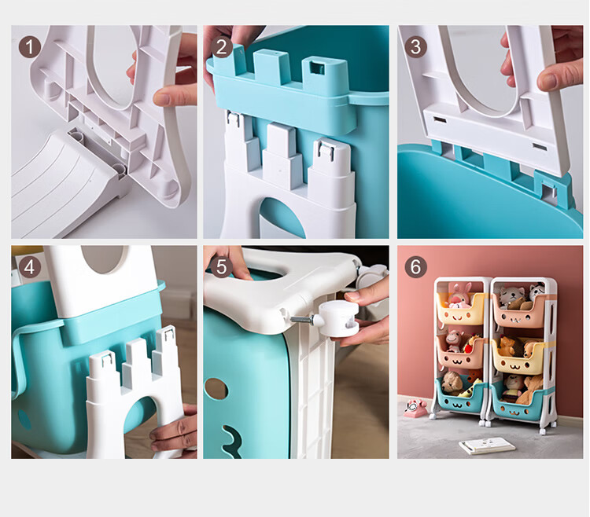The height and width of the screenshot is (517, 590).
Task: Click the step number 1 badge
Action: (29, 47)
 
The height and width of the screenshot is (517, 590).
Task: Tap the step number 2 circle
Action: (222, 47)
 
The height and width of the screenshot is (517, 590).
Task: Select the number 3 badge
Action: (416, 47)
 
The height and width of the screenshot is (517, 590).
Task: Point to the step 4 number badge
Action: (29, 267)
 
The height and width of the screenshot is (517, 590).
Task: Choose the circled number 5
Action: (222, 267)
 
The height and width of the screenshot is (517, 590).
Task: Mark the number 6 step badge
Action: (416, 267)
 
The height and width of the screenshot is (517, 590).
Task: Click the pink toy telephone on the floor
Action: (415, 408)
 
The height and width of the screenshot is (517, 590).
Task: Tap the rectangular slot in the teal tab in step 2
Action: (317, 68)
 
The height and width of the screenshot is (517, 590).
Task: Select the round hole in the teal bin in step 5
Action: (216, 389)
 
